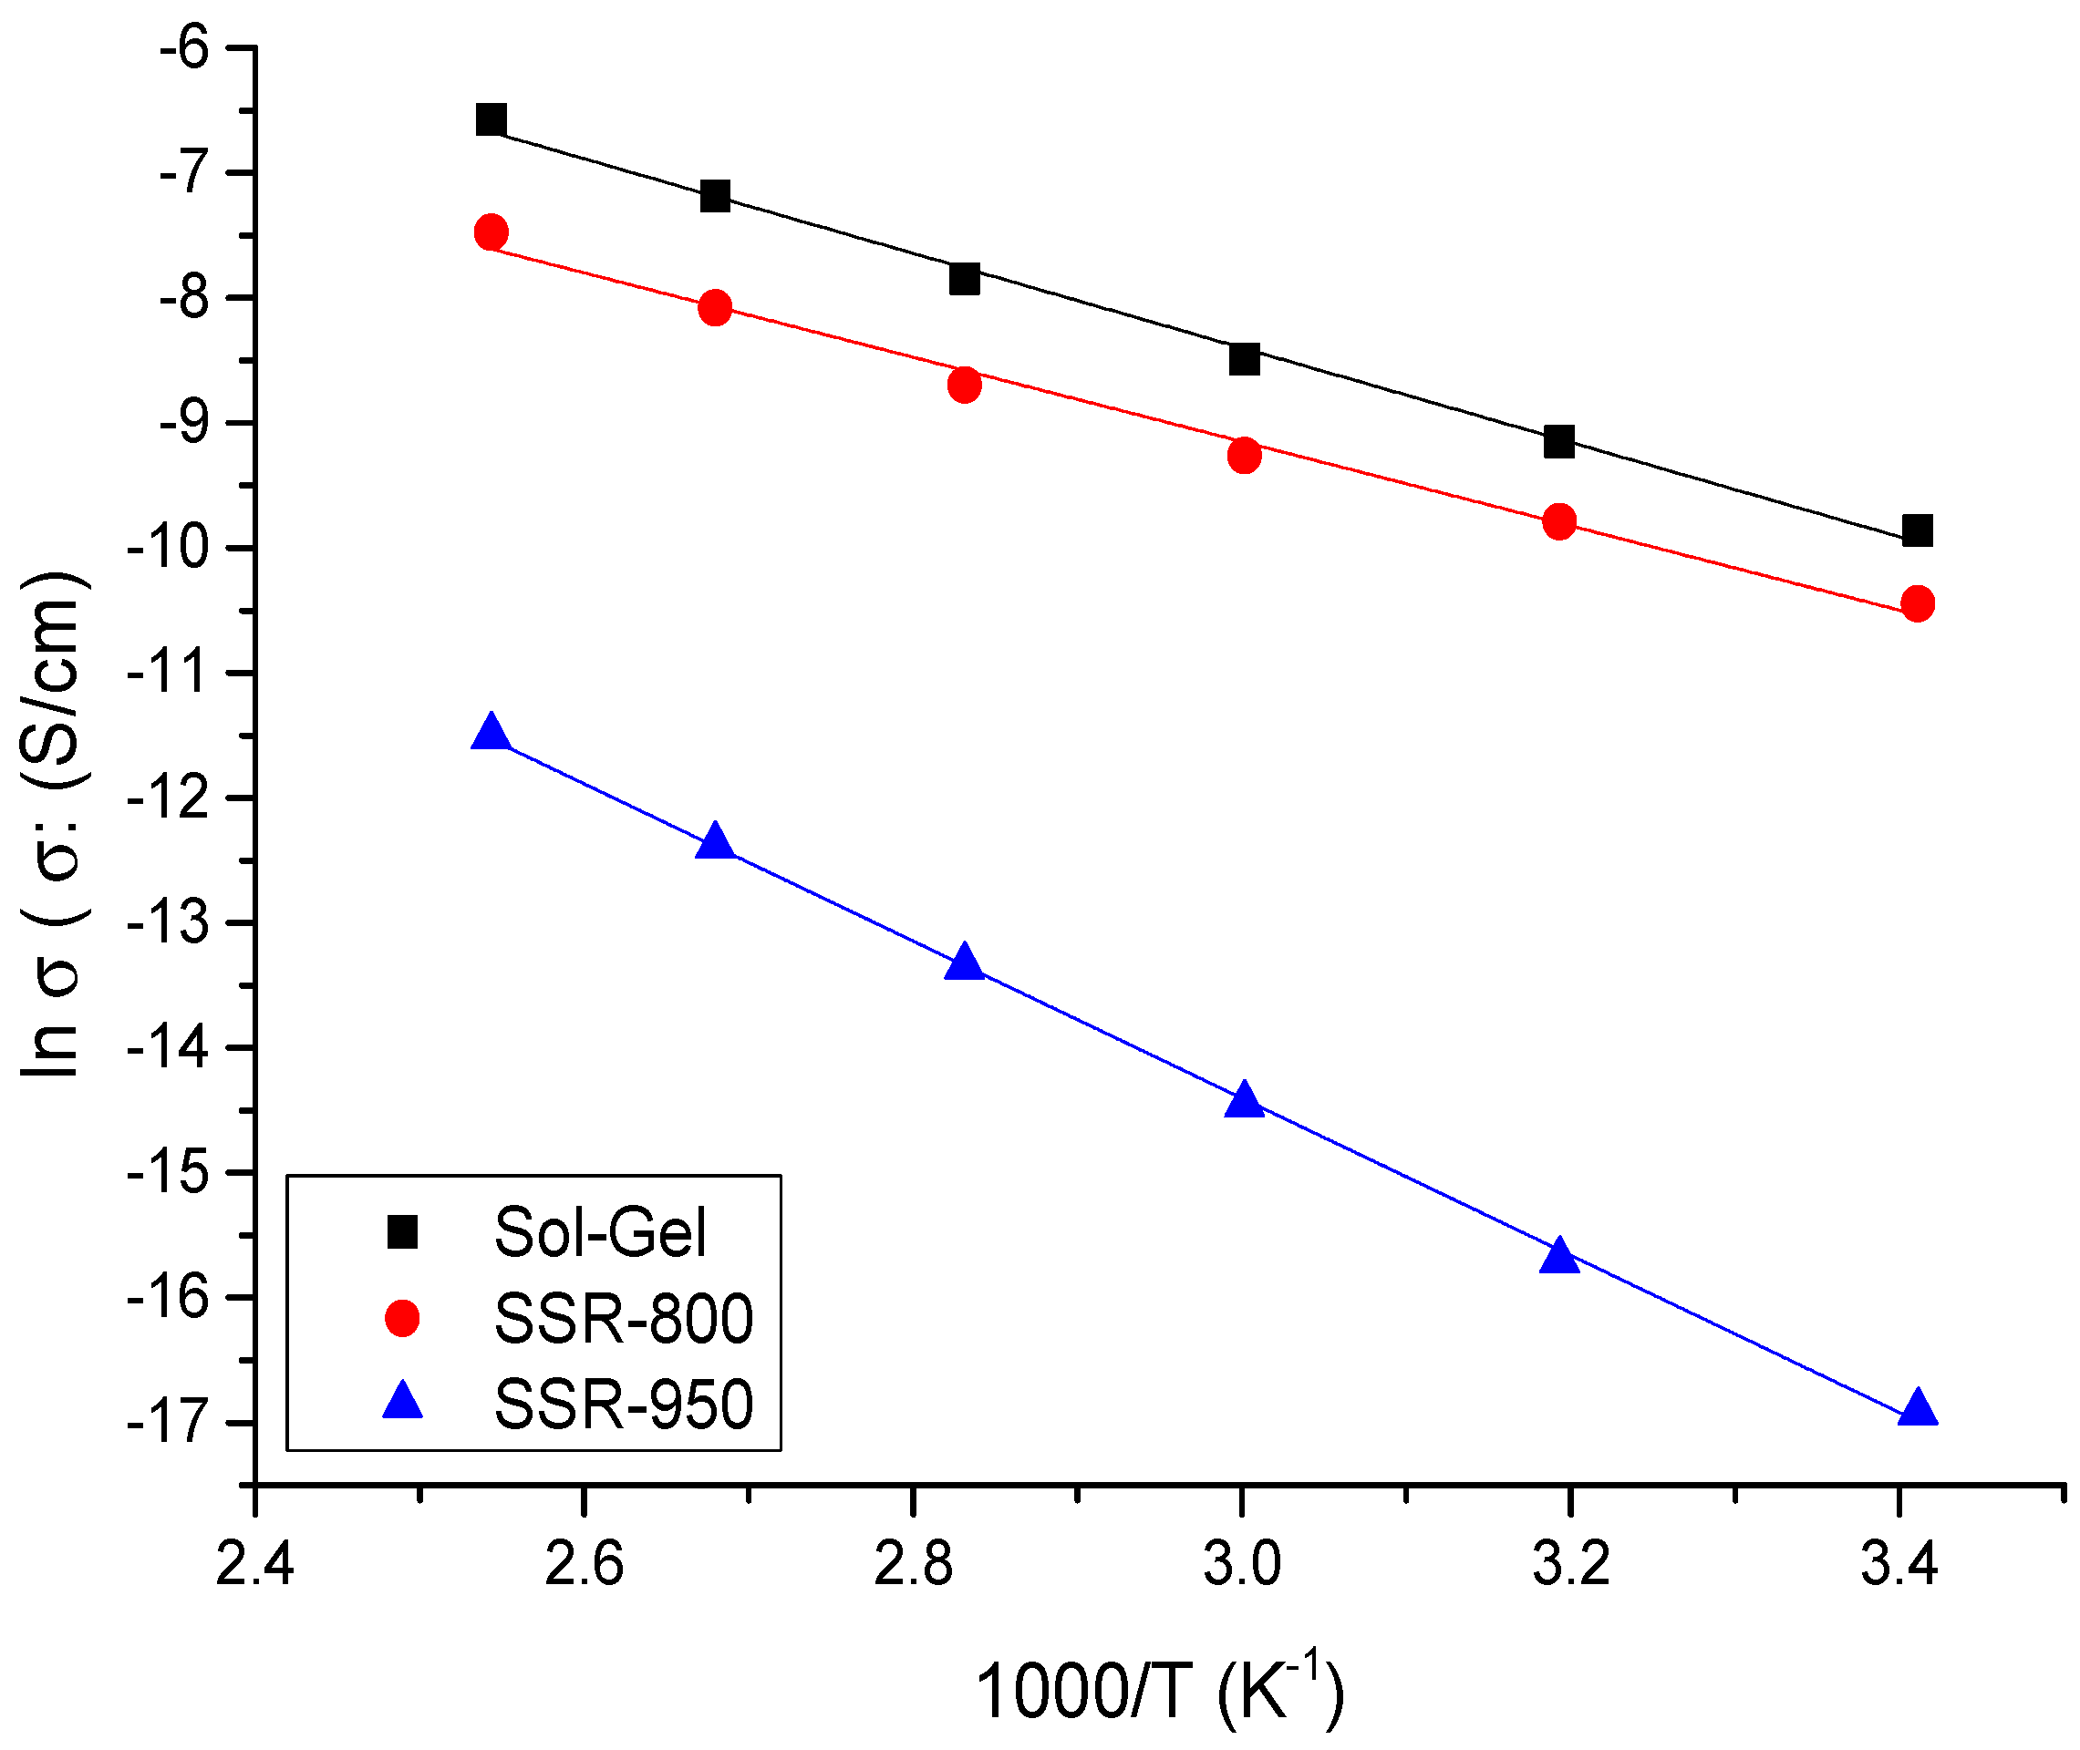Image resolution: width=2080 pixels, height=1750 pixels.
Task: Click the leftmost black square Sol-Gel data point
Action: click(x=492, y=120)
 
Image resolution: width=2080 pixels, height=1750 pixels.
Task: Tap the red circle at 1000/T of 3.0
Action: click(x=1245, y=456)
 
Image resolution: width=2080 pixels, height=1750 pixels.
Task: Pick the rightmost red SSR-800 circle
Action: click(x=1918, y=603)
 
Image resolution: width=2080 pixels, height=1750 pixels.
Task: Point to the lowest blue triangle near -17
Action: click(x=1918, y=1409)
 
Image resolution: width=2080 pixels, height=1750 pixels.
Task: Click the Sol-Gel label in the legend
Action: click(x=600, y=1233)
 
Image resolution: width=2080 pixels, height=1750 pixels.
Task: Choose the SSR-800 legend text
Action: click(x=623, y=1320)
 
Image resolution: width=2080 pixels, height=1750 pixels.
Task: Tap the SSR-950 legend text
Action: click(x=623, y=1405)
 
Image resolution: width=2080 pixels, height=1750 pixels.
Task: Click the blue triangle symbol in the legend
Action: click(x=402, y=1402)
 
